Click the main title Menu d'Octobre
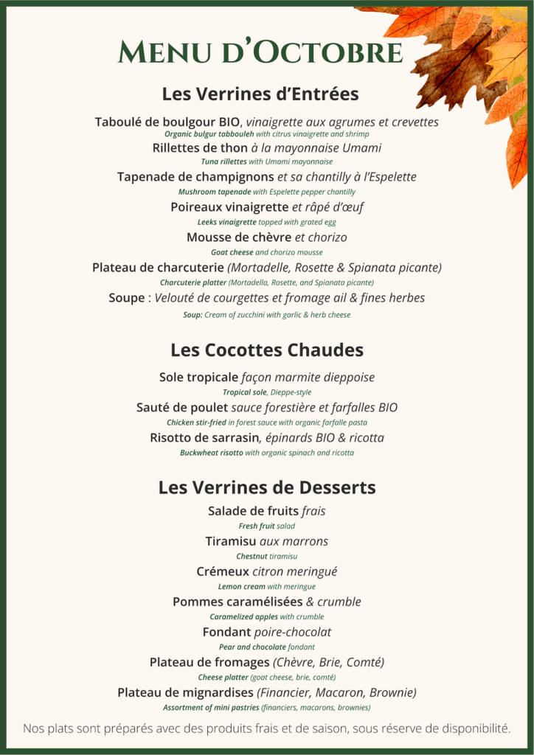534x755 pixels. (x=260, y=52)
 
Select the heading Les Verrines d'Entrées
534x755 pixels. (x=260, y=94)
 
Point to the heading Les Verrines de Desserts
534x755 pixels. (x=267, y=487)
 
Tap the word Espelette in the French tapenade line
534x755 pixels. (x=386, y=177)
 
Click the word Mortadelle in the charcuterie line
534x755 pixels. (x=264, y=268)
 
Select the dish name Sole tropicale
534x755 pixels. (x=198, y=377)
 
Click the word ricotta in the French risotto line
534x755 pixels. (x=361, y=438)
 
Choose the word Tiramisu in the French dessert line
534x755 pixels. (x=231, y=541)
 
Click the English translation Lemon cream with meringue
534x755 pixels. (x=267, y=587)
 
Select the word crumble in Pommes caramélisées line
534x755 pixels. (x=339, y=602)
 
